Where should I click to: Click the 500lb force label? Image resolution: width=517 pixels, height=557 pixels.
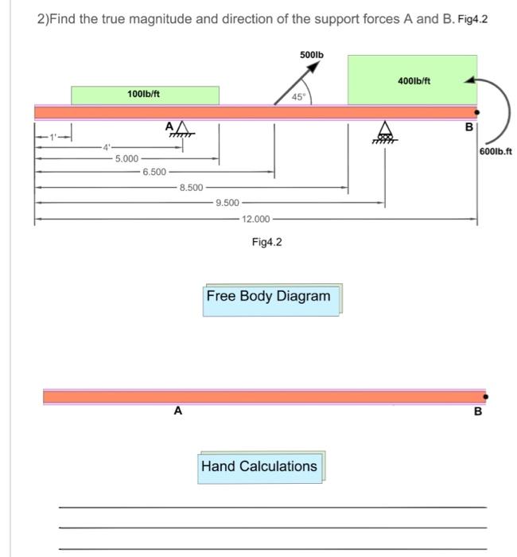(311, 54)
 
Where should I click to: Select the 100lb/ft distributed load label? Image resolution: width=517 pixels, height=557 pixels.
(144, 95)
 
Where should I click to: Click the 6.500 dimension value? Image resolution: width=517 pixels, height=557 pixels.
(154, 172)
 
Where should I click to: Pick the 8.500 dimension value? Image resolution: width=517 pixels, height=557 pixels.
(191, 188)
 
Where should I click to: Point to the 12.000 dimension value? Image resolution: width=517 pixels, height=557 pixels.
(256, 218)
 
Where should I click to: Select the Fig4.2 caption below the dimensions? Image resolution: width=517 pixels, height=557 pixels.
(266, 242)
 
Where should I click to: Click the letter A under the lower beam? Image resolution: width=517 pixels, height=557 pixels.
(178, 411)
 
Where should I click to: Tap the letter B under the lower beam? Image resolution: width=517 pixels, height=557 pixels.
(477, 412)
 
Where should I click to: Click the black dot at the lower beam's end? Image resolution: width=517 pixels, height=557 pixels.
(485, 395)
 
